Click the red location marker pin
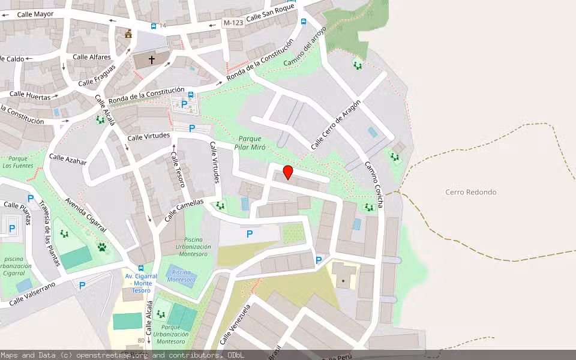[x=288, y=172]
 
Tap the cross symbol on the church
[x=151, y=60]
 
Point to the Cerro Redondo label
[x=471, y=192]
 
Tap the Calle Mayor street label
[x=35, y=13]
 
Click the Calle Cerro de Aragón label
[x=336, y=125]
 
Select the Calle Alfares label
[x=92, y=57]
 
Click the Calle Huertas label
[x=30, y=94]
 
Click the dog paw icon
[x=102, y=246]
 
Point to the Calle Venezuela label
[x=235, y=325]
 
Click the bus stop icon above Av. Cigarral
[x=141, y=268]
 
